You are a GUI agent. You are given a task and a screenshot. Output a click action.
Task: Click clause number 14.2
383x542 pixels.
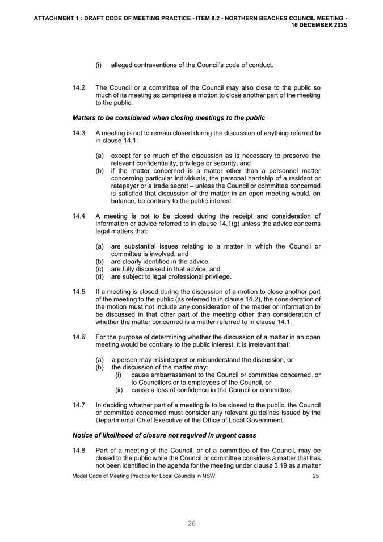tap(79, 88)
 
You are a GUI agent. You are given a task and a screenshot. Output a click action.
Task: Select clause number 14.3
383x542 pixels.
tap(79, 133)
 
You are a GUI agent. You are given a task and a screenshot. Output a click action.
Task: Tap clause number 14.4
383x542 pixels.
tap(79, 215)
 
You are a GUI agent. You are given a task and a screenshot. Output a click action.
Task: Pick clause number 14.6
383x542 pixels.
tap(79, 337)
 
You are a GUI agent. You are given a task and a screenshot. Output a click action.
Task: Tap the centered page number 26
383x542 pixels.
tap(192, 523)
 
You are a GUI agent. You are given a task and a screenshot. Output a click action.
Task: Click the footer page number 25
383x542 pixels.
tap(316, 476)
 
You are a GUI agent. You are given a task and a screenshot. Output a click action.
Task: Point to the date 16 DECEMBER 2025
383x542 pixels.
tap(319, 26)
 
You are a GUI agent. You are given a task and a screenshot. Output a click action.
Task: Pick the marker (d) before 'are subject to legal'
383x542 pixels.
tap(99, 277)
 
